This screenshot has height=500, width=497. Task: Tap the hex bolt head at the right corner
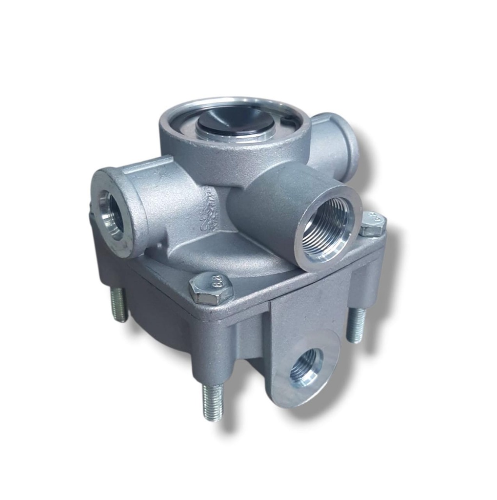point(373,224)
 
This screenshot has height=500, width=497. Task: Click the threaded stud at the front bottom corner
point(213,402)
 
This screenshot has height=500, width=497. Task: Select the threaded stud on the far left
point(119,305)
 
